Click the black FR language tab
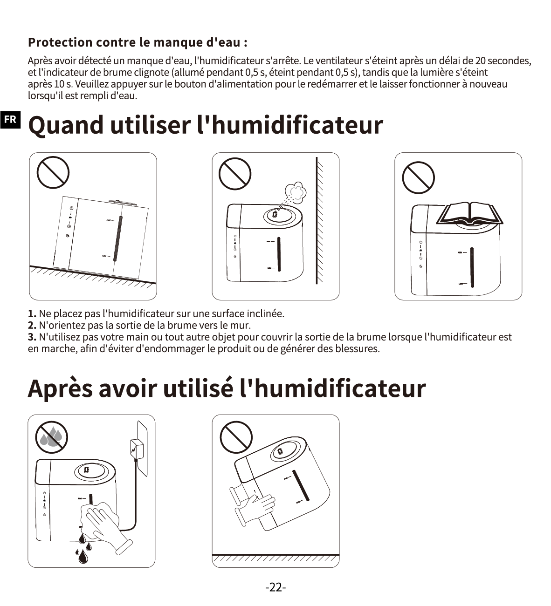pos(10,120)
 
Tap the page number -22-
pos(275,587)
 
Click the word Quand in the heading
pos(66,125)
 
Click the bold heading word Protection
pos(60,42)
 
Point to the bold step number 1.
pos(32,313)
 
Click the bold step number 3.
pos(32,337)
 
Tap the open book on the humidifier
pos(469,214)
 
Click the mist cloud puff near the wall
pos(296,192)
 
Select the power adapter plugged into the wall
pos(136,449)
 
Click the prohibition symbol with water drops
pos(52,437)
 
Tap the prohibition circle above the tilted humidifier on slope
pos(53,172)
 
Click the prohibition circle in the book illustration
pos(418,177)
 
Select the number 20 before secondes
pos(480,61)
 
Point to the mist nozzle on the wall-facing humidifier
pos(275,214)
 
